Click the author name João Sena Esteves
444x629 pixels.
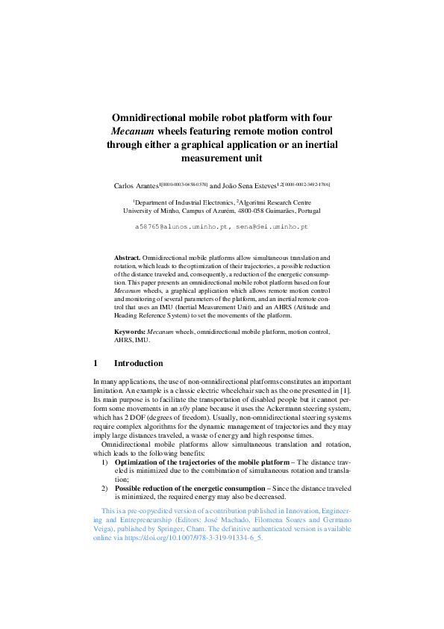pyautogui.click(x=250, y=184)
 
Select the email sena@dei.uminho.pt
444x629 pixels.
pyautogui.click(x=276, y=225)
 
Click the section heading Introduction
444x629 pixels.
pyautogui.click(x=138, y=363)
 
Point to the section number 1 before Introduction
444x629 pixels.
pyautogui.click(x=96, y=363)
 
